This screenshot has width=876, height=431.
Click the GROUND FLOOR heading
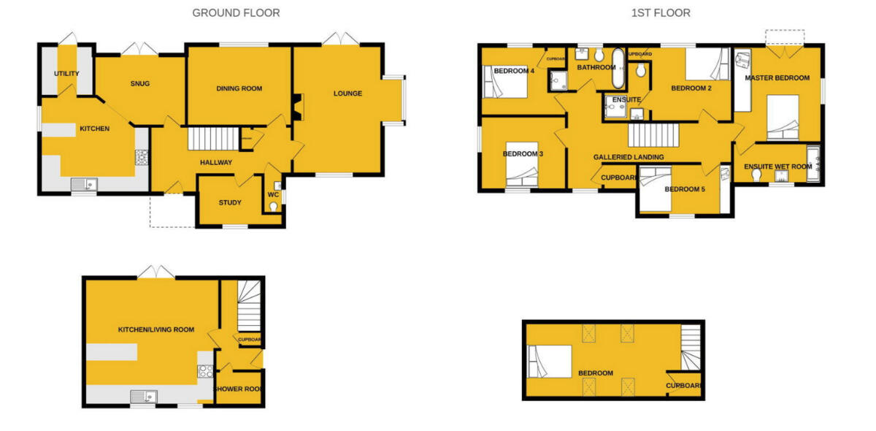point(236,12)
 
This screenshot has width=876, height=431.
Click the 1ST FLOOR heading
point(661,12)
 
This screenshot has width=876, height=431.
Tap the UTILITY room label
point(66,74)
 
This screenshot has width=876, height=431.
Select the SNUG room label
point(140,83)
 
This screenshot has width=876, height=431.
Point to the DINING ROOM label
point(239,88)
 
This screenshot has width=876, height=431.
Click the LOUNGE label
point(347,93)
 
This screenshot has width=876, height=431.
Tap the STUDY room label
point(230,202)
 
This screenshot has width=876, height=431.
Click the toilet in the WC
point(274,207)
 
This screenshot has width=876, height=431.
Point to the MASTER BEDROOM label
point(777,77)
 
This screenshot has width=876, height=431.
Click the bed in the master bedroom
point(782,117)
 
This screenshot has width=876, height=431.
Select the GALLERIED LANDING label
point(629,157)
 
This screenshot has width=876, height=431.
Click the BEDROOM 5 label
point(685,189)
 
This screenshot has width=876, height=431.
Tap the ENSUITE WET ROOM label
point(777,167)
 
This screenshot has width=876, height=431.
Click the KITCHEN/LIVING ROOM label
point(156,329)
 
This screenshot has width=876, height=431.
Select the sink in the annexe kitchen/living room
point(143,397)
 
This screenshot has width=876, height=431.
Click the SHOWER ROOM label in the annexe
point(237,389)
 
